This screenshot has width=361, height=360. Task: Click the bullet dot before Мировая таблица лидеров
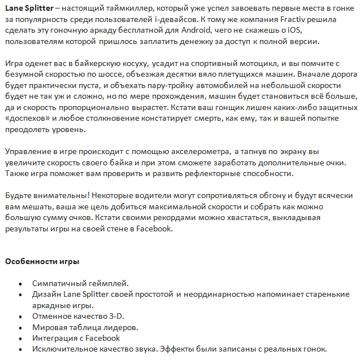tap(20, 327)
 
